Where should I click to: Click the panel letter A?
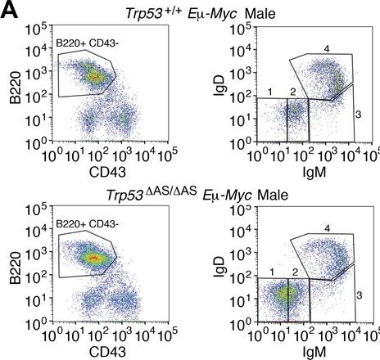tap(10, 11)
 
